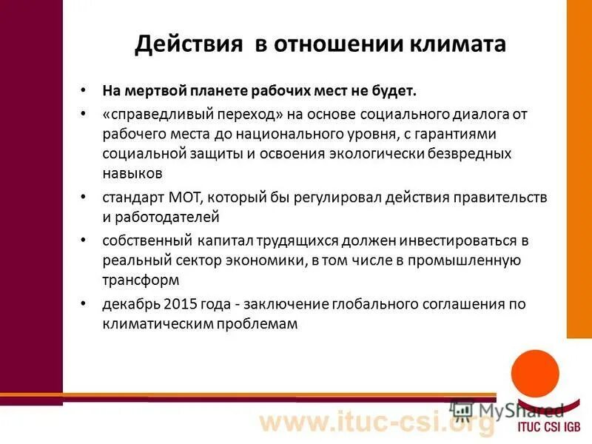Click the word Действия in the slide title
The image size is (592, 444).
coord(189,44)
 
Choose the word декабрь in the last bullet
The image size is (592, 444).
coord(129,304)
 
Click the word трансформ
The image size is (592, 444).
coord(141,280)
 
